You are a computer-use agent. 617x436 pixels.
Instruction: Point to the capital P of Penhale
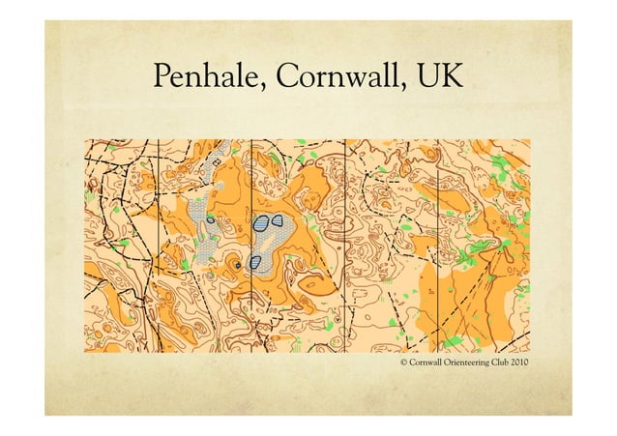pyautogui.click(x=162, y=78)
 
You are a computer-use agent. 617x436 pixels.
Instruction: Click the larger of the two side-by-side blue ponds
pyautogui.click(x=260, y=223)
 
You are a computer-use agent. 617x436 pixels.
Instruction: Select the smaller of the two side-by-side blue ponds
pyautogui.click(x=279, y=219)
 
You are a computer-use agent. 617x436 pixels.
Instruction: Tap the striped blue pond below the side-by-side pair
pyautogui.click(x=255, y=261)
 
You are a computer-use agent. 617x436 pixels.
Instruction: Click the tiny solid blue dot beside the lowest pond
pyautogui.click(x=237, y=261)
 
